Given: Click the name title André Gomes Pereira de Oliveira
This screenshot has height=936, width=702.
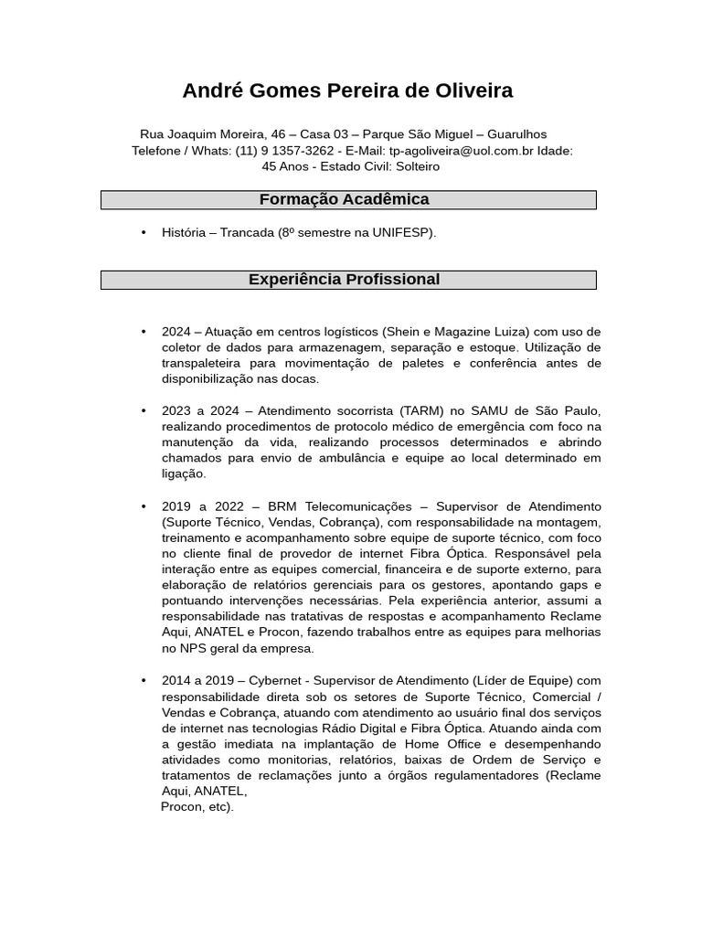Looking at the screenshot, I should [x=347, y=90].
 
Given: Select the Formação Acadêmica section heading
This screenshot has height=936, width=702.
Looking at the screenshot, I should [x=344, y=199].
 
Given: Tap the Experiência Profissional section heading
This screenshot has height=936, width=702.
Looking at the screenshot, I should [x=344, y=280].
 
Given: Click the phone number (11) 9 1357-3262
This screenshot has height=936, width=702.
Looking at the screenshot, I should [x=284, y=151].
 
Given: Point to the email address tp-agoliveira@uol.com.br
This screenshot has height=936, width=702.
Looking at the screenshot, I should [x=462, y=151].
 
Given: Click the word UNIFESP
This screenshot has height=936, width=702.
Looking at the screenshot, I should [x=403, y=233].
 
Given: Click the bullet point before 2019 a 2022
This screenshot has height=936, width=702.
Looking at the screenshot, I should [x=144, y=506].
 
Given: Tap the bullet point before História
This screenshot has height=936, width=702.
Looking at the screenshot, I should [x=144, y=233].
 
